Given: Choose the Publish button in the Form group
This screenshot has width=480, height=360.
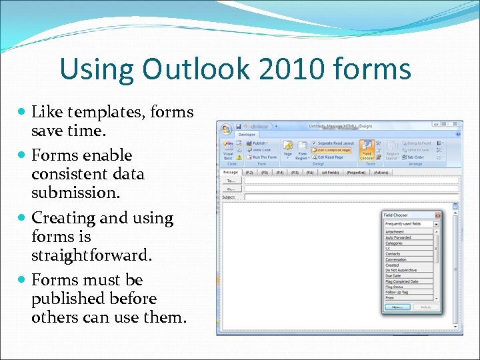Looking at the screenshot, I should tap(259, 143).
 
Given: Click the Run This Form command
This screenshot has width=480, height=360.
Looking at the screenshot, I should tap(263, 157).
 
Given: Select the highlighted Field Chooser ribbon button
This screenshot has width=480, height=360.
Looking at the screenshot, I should tap(367, 150).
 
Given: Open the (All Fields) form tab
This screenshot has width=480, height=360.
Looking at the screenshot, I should tap(331, 172).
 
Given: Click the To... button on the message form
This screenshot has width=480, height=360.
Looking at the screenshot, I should tap(231, 181).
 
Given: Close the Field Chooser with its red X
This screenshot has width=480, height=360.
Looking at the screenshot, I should tap(437, 215).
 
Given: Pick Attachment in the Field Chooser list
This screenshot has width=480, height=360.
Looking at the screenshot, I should tap(395, 232).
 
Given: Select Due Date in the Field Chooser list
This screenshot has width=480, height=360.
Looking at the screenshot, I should tap(393, 275).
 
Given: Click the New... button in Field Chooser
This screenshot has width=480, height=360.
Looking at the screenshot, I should tap(397, 307).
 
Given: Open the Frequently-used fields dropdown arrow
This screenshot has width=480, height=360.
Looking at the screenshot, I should tap(437, 224).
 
